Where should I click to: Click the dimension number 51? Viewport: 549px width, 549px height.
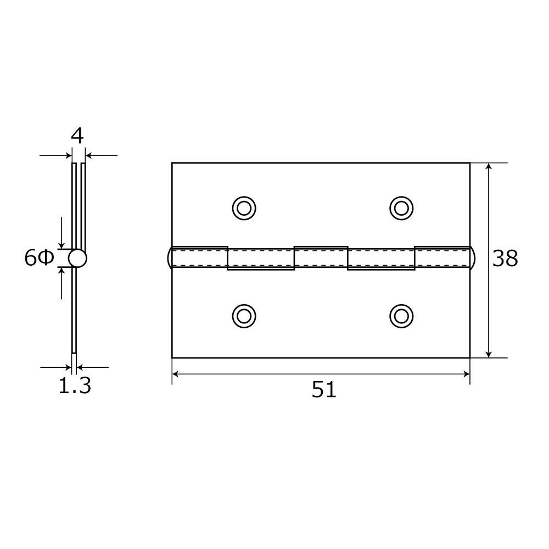coord(324,390)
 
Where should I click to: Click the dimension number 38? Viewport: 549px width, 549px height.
coord(505,259)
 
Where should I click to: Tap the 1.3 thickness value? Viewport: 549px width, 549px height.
coord(75,385)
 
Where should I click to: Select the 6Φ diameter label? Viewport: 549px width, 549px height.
coord(39,259)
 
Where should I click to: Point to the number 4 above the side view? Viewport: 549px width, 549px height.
coord(77,136)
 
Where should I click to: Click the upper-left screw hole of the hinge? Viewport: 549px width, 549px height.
coord(244,208)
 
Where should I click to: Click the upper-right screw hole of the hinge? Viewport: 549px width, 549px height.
coord(401,208)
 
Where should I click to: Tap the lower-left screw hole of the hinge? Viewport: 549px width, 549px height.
coord(244,316)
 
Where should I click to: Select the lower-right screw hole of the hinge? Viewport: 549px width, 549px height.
coord(401,316)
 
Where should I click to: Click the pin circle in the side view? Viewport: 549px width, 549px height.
coord(77,259)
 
